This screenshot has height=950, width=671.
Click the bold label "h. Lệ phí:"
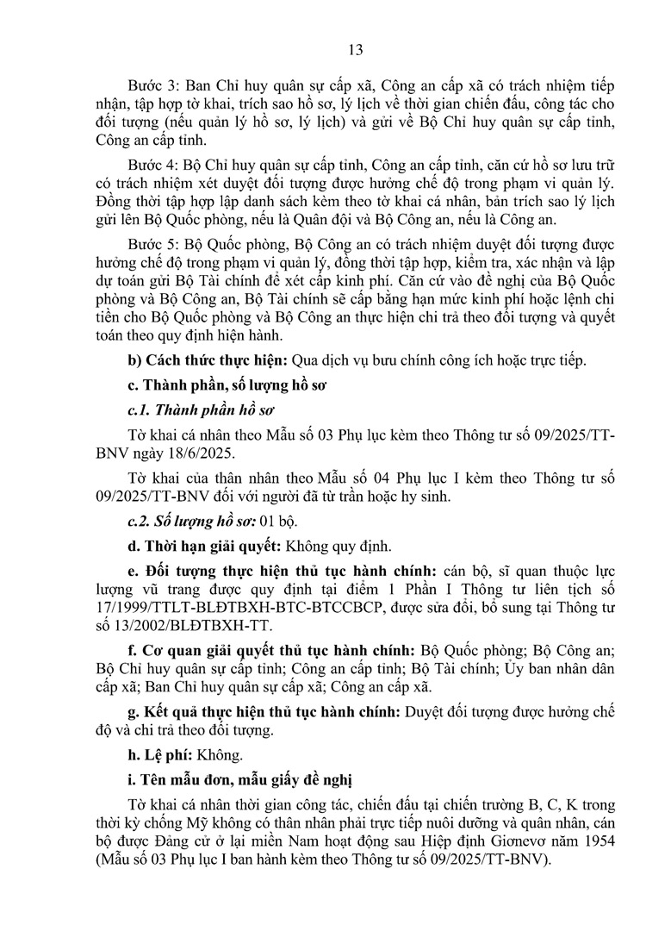[160, 755]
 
